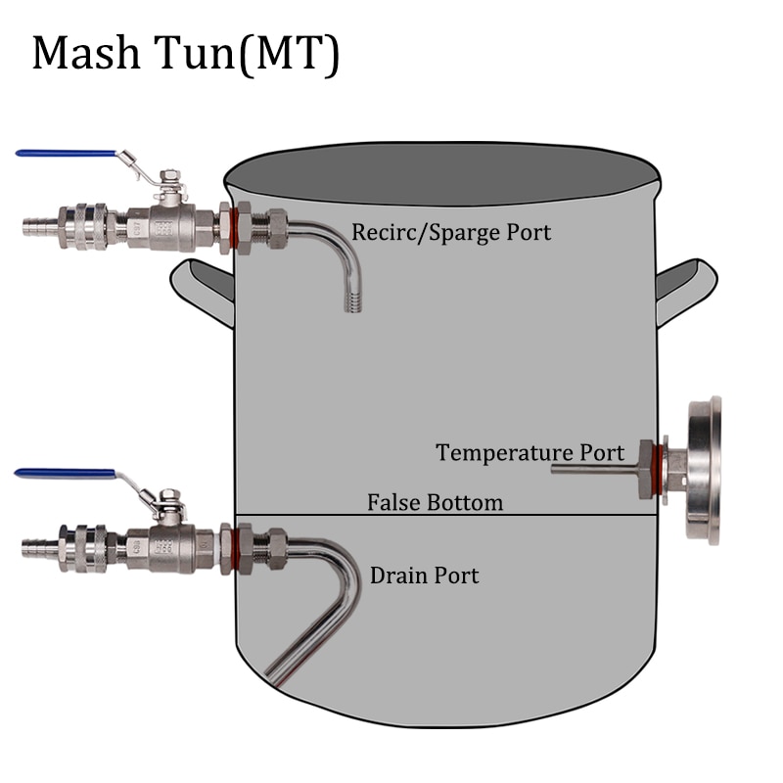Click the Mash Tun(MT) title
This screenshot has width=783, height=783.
click(x=186, y=54)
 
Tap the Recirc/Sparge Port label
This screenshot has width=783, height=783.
click(x=451, y=233)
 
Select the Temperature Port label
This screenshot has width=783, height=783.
click(x=530, y=453)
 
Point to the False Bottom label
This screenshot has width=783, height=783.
click(x=436, y=503)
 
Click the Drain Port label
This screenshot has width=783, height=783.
click(x=425, y=576)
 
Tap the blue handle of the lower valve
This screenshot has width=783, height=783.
click(x=65, y=473)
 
